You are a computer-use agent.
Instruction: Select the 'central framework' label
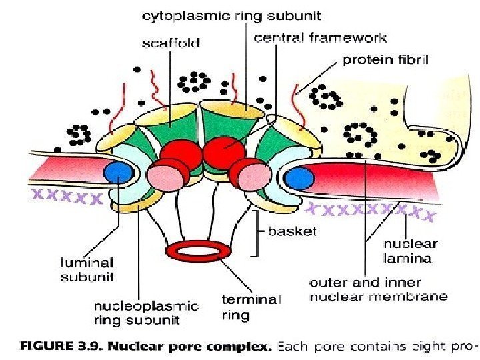(x=320, y=37)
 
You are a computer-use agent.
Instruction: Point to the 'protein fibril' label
(x=385, y=60)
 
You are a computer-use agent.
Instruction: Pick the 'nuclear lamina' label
(x=411, y=251)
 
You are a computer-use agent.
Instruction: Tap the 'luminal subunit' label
(x=87, y=269)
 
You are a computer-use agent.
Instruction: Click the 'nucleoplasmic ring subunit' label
(x=145, y=313)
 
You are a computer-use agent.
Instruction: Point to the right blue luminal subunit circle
(x=299, y=177)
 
